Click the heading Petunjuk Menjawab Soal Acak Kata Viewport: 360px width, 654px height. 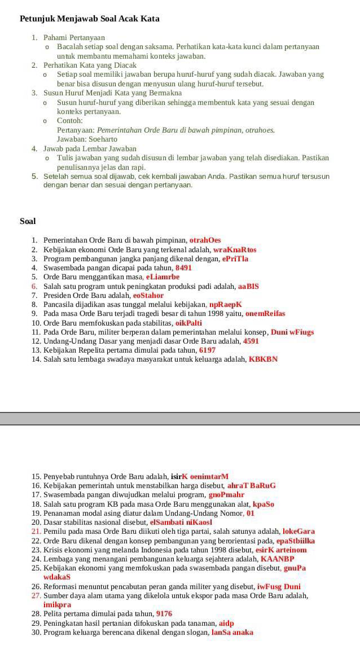coord(90,19)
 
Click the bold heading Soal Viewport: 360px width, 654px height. coord(28,221)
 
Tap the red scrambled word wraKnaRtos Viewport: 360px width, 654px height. coord(235,249)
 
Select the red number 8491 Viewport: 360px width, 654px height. coord(183,268)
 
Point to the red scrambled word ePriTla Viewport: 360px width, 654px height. coord(235,259)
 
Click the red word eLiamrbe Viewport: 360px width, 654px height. coord(163,277)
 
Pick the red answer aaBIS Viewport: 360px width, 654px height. coord(248,286)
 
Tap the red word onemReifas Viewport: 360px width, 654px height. coord(265,314)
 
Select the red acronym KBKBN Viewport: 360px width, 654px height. coord(263,359)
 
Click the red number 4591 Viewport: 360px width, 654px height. coord(251,341)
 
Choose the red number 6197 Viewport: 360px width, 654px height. coord(207,350)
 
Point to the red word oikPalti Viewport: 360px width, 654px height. coord(188,323)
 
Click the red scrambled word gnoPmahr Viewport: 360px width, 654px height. coord(226,495)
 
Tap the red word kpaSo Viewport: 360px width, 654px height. coord(264,504)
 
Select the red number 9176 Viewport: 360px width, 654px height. coord(164,614)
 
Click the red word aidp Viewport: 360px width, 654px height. coord(226,623)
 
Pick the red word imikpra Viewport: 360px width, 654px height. coord(57,605)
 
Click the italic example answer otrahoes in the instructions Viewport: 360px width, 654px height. coord(260,130)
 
